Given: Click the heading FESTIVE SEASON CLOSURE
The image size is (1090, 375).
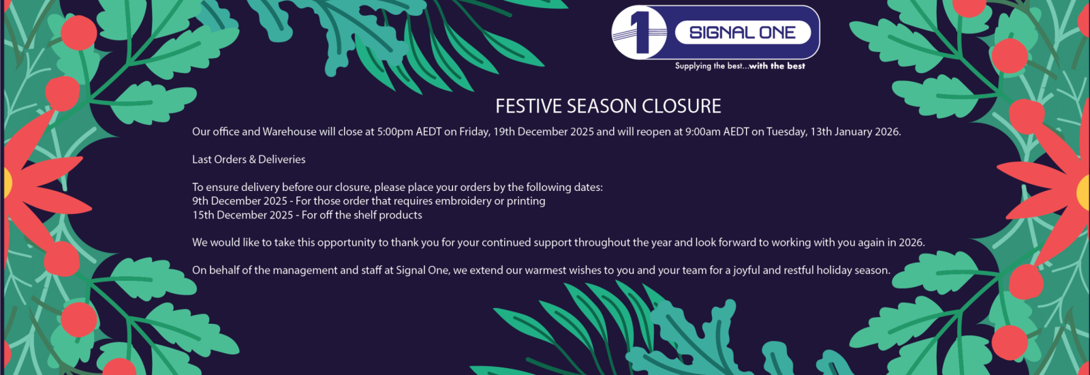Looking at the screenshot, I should click(608, 106).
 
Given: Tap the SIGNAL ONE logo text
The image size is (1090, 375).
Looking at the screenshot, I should click(742, 33).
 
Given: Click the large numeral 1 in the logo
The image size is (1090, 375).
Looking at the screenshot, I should click(638, 31).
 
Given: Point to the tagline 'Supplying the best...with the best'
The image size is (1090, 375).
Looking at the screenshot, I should click(740, 66).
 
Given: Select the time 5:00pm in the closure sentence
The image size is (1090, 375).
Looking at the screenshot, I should click(395, 132).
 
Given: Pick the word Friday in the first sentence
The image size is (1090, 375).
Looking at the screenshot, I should click(474, 132).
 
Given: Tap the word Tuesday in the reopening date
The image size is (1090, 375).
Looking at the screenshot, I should click(786, 132).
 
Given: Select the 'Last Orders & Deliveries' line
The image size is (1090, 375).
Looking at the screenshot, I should click(249, 160).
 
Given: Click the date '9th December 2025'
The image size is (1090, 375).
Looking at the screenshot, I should click(240, 201).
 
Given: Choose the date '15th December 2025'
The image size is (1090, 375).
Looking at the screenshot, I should click(243, 215).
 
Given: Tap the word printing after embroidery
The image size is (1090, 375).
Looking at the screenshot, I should click(526, 201).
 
